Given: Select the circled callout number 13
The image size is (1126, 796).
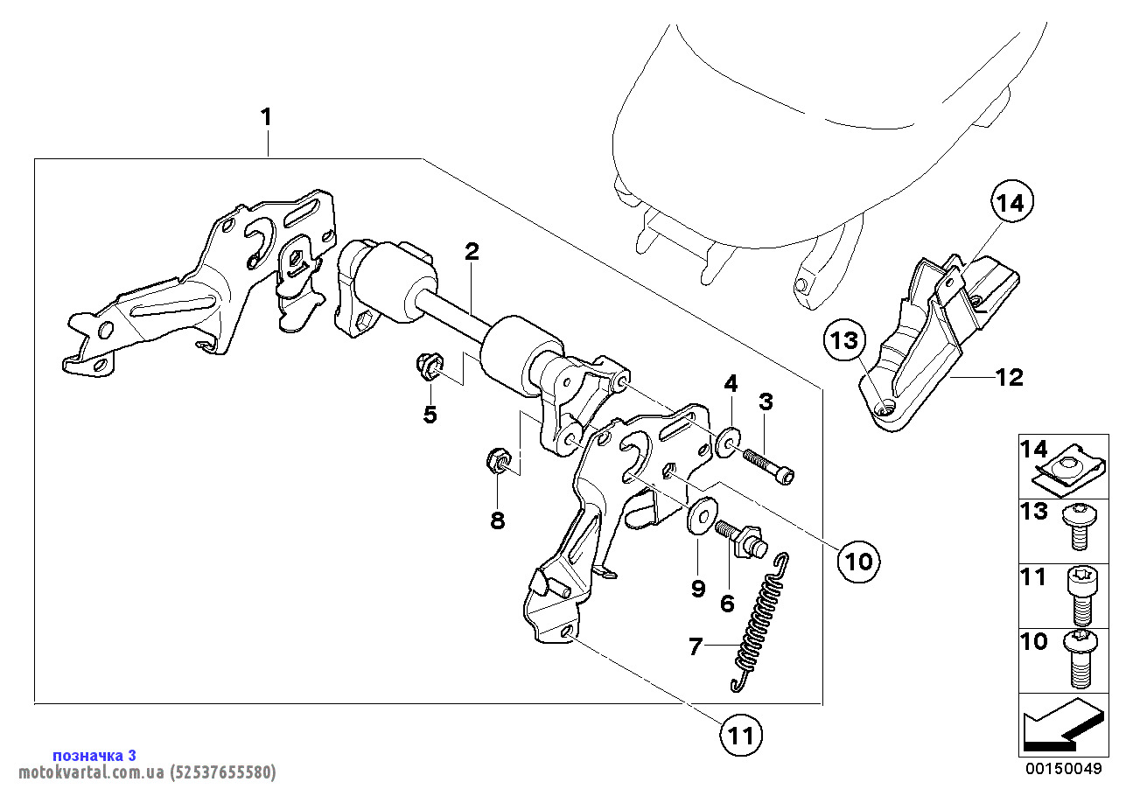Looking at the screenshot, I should tap(847, 342).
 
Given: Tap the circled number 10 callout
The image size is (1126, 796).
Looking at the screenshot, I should tap(859, 561).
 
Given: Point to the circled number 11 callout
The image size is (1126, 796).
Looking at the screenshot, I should tap(741, 736).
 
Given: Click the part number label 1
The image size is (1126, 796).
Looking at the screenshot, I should tap(265, 117).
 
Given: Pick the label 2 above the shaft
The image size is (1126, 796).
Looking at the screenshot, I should tap(472, 253).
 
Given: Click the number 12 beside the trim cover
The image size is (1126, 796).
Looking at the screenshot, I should tap(1008, 378).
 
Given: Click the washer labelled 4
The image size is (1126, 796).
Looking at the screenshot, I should tap(727, 443).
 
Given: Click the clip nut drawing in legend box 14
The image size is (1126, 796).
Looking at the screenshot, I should tap(1066, 469).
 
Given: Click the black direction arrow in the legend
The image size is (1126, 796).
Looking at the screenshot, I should tap(1059, 726).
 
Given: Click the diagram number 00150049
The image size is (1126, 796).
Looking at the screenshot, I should tap(1064, 770).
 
